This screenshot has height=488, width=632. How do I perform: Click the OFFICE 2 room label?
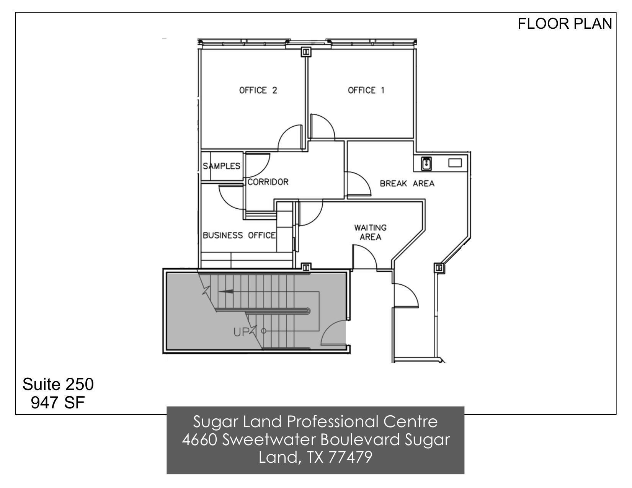258,90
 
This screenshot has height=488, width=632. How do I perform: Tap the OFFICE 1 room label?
366,90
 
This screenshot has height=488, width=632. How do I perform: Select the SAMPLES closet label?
221,166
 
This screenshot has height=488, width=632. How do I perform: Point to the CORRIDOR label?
268,182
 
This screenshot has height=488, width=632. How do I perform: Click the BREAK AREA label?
407,184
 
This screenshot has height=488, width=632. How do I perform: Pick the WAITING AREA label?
370,232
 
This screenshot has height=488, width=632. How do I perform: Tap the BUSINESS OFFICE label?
239,235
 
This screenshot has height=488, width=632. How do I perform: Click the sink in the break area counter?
426,164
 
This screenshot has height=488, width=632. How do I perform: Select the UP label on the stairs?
242,332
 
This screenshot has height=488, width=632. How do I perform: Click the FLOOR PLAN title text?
565,24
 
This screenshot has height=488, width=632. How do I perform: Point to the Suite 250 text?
58,384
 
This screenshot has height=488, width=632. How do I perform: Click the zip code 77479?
350,457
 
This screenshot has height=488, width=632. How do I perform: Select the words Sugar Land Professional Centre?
315,422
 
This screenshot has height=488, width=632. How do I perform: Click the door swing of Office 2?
290,138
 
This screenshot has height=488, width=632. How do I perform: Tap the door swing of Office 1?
322,126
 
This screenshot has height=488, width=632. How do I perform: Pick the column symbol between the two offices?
306,51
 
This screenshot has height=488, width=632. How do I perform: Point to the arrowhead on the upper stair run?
226,292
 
